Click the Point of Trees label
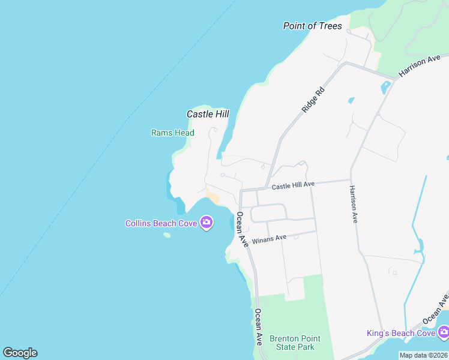(312, 26)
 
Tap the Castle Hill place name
(208, 113)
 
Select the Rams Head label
(172, 133)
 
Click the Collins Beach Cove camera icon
(206, 223)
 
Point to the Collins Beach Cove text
(161, 223)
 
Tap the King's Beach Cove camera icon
(444, 332)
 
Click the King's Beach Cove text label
(401, 333)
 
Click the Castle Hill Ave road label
(293, 186)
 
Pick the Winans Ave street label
(269, 239)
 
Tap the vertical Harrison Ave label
(354, 205)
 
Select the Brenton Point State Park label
(292, 343)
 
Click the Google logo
(20, 353)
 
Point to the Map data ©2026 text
(423, 355)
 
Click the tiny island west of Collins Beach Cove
(166, 235)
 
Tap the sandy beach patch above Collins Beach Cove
(212, 194)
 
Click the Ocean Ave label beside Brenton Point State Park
(258, 326)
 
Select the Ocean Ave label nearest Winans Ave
(242, 229)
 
